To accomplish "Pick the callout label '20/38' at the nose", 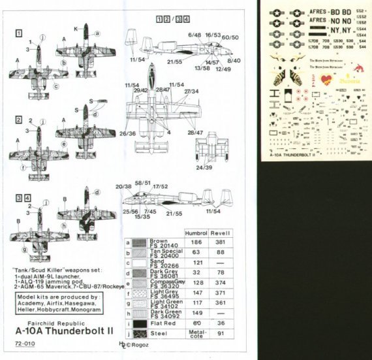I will point(123,186).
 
